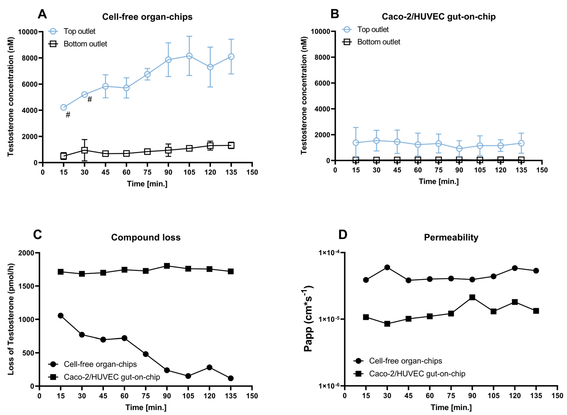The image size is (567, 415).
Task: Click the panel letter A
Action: click(42, 14)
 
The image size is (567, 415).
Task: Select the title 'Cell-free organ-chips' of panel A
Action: click(147, 17)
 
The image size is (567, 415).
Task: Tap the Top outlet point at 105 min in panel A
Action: click(189, 56)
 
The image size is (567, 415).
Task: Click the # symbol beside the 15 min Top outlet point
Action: click(68, 115)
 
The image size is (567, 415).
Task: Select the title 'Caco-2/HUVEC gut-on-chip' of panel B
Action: click(439, 17)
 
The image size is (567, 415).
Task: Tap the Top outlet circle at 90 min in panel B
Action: click(459, 148)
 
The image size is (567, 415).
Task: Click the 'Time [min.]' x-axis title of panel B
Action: click(439, 181)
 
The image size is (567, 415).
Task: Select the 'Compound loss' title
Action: click(146, 237)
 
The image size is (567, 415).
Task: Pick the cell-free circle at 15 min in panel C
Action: click(60, 316)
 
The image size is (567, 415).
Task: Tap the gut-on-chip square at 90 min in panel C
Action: click(167, 266)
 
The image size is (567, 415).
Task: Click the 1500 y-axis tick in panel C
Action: click(27, 286)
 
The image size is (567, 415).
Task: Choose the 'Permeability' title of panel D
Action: click(451, 237)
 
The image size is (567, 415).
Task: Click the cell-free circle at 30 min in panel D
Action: click(387, 267)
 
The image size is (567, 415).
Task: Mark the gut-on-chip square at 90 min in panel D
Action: click(472, 297)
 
